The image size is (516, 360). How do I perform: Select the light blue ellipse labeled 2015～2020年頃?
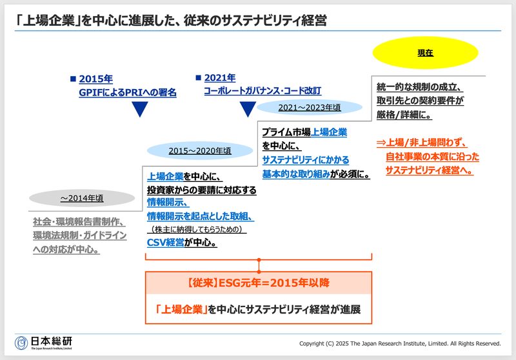pos(199,150)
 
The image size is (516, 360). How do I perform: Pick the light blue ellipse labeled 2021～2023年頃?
pos(309,107)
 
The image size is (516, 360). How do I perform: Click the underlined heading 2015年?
pos(96,79)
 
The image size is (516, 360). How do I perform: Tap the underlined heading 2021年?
pos(220,78)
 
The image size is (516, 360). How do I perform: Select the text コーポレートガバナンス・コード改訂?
pos(262,92)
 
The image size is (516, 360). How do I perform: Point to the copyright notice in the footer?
pos(401,343)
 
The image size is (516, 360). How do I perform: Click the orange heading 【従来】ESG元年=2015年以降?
pos(258,283)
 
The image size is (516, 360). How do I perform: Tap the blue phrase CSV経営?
pos(166,243)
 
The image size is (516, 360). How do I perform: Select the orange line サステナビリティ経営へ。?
pos(429,170)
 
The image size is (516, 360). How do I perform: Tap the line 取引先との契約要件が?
pos(420,101)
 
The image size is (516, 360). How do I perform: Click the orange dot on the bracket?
pos(259,261)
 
